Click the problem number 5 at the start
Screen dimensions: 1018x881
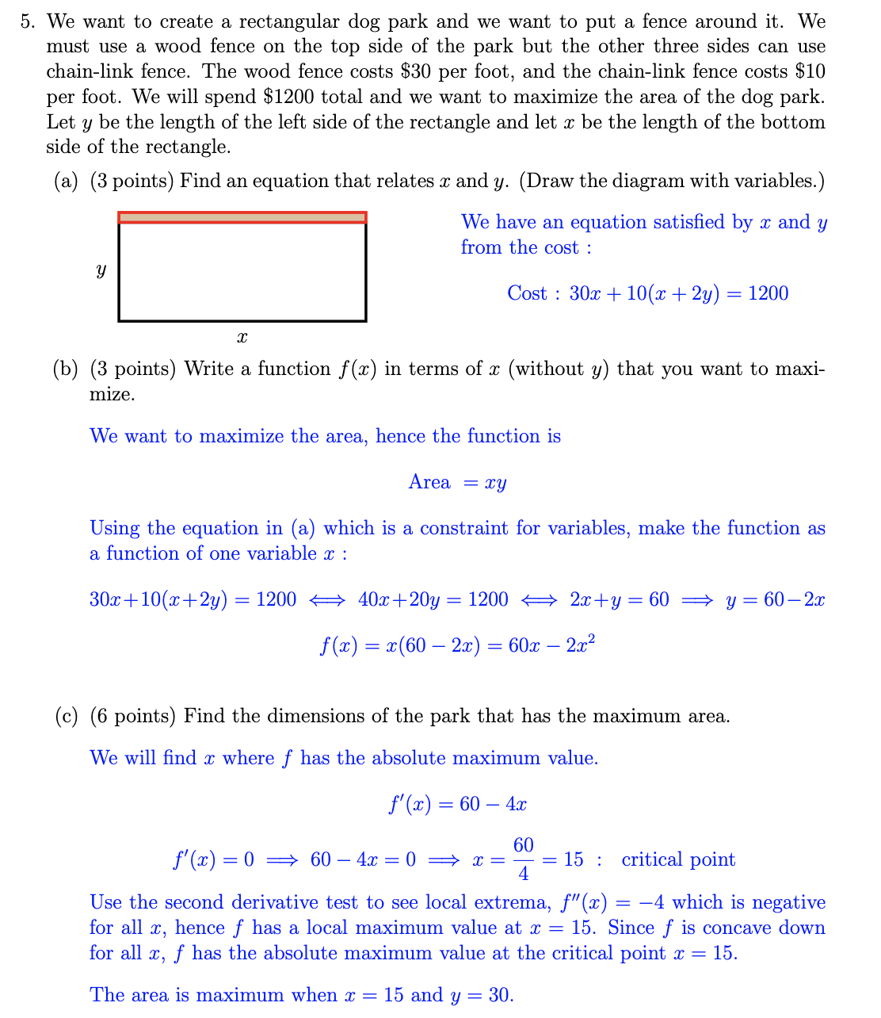pos(27,21)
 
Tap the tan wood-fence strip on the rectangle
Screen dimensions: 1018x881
pos(242,217)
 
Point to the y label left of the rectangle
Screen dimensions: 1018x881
pos(101,270)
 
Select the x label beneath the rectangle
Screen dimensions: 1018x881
pos(242,338)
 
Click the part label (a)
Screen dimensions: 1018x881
pos(67,182)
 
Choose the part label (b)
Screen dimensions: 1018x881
pos(67,369)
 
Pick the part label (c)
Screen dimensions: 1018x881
pos(67,717)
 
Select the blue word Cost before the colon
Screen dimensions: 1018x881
pos(527,293)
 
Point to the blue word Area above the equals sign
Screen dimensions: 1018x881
pos(429,482)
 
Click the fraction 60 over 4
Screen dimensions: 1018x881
pos(524,859)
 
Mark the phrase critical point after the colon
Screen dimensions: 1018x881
pos(678,859)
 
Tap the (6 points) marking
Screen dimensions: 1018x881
pos(132,717)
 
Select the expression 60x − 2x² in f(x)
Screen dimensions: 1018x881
pos(551,645)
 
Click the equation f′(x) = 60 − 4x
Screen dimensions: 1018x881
pos(457,805)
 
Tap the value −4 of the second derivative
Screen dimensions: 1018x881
pos(652,902)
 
